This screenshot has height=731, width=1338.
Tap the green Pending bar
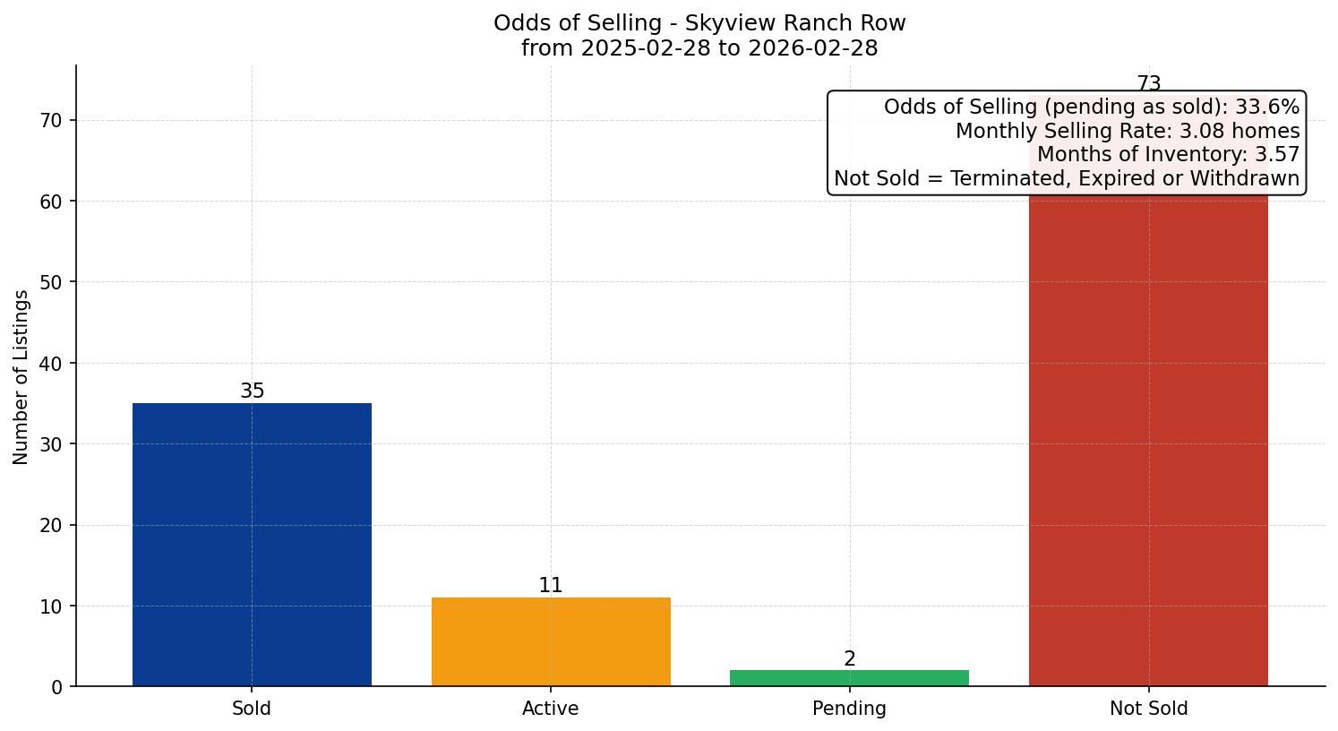click(x=849, y=678)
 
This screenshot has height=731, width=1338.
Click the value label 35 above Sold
click(x=252, y=391)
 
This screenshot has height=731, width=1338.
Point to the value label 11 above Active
click(x=551, y=586)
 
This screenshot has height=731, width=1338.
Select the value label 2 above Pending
click(x=849, y=659)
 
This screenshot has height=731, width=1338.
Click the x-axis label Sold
click(x=252, y=709)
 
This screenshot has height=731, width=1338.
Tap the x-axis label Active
click(x=551, y=709)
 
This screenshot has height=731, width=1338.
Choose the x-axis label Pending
click(x=849, y=709)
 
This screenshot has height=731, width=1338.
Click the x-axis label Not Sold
click(x=1148, y=709)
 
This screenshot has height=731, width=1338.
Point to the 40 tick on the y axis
click(x=52, y=364)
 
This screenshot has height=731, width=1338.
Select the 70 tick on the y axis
click(x=52, y=120)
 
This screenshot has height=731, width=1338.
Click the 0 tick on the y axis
click(x=57, y=687)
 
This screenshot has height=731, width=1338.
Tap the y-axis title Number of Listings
click(x=21, y=377)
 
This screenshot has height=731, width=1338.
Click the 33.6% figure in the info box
click(x=1267, y=107)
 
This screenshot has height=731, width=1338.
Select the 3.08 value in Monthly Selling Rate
click(x=1200, y=131)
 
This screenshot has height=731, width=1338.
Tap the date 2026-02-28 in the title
click(x=813, y=48)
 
